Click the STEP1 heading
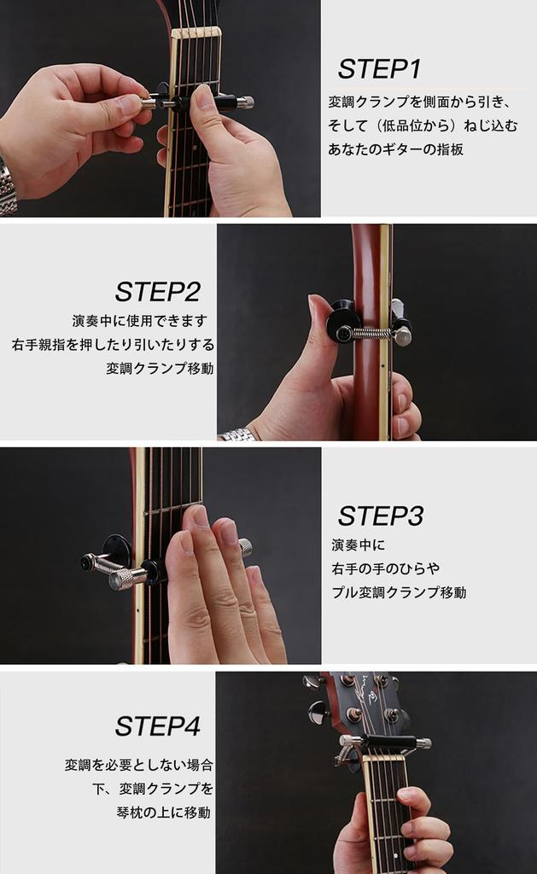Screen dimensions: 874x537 [x=379, y=69]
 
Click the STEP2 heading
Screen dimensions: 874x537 [x=158, y=292]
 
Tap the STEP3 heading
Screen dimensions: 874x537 [x=380, y=516]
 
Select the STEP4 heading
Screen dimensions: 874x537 [x=158, y=726]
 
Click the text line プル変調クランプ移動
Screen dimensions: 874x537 [x=399, y=592]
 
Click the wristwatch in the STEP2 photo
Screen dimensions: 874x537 [x=238, y=434]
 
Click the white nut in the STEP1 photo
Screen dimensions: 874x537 [x=196, y=33]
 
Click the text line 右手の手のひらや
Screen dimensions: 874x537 [x=386, y=568]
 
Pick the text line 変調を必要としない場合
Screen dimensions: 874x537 [x=139, y=765]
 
